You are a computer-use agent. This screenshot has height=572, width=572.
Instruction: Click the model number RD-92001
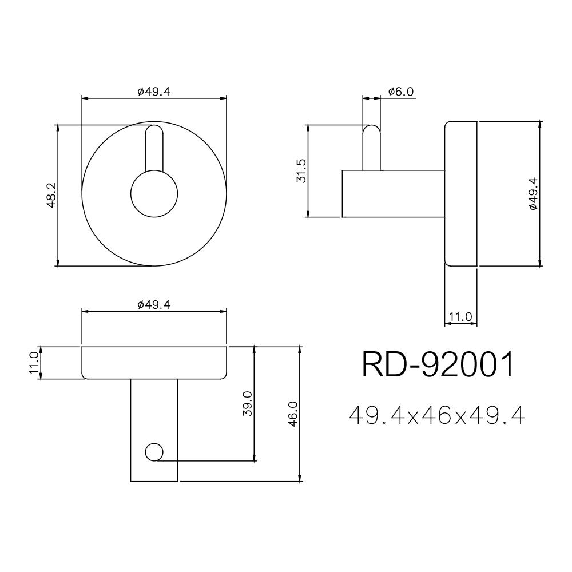tap(439, 365)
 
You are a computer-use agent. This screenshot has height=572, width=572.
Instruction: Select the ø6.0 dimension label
tap(400, 92)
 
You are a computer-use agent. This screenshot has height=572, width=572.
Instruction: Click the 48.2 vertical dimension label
tap(51, 196)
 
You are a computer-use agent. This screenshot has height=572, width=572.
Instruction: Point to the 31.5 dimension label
tap(301, 171)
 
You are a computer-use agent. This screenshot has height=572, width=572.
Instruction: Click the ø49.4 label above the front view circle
tap(154, 92)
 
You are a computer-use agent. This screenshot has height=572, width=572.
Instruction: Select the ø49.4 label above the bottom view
tap(154, 305)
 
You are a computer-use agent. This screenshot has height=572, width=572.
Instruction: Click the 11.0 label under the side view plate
tap(460, 316)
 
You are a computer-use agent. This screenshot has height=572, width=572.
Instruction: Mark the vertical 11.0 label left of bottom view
tap(34, 363)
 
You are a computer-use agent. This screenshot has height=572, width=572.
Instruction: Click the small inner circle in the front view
tap(154, 194)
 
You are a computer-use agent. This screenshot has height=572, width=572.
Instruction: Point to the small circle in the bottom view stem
tap(154, 452)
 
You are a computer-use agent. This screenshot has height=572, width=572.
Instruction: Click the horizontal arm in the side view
tap(394, 194)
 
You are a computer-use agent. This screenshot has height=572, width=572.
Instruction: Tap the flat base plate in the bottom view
tap(154, 363)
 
